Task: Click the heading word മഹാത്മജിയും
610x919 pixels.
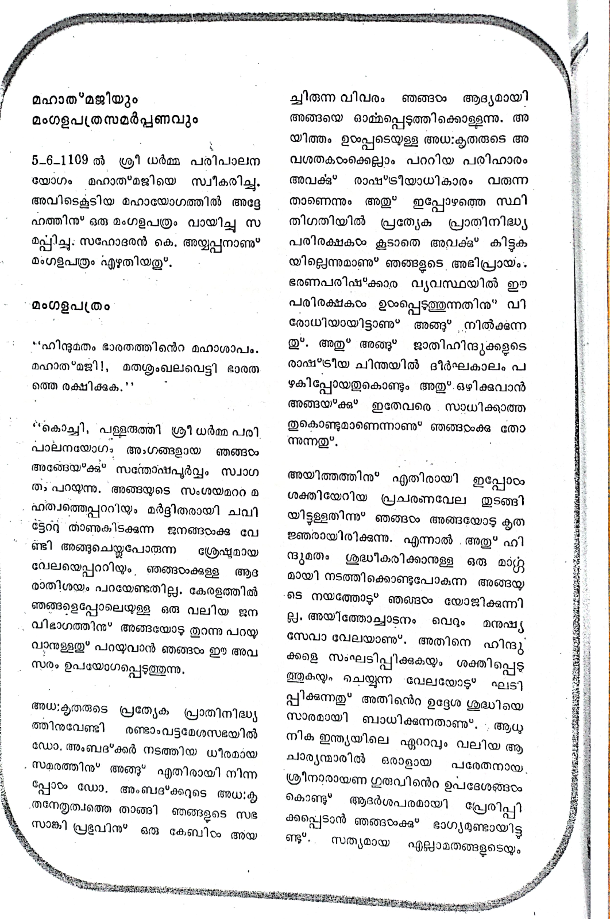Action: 85,100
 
